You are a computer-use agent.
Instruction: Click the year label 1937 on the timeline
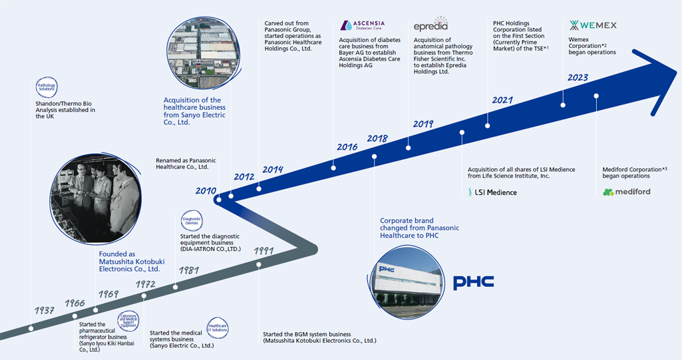[44, 311]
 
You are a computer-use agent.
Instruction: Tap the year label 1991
[264, 252]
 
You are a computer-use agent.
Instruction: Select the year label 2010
[206, 191]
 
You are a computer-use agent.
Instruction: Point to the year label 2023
[578, 78]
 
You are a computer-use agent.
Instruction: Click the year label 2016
[347, 147]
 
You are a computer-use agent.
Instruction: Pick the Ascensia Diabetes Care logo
[363, 26]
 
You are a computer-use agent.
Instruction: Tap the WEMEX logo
[593, 26]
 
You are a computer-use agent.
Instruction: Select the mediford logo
[626, 192]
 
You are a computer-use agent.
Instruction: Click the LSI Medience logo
[492, 192]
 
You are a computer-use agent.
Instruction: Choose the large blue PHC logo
[473, 282]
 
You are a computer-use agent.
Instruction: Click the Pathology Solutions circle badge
[47, 87]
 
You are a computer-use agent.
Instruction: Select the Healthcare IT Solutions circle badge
[218, 326]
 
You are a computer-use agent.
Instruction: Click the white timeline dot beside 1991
[258, 264]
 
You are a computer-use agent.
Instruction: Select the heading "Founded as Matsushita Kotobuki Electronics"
[129, 262]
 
